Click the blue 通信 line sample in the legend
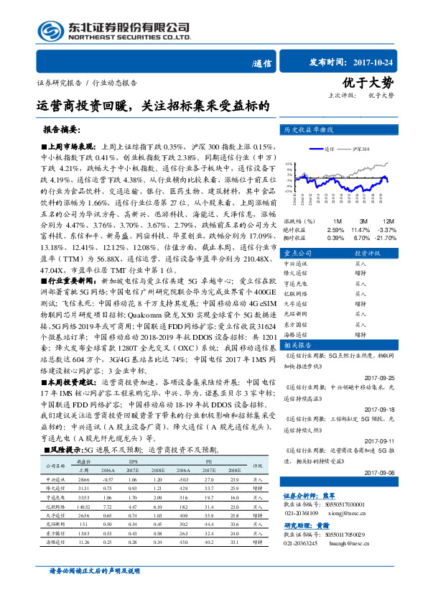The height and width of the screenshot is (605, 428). (x=317, y=149)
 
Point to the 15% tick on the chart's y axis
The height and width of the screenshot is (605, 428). (x=288, y=164)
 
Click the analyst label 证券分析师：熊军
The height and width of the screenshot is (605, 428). (x=309, y=496)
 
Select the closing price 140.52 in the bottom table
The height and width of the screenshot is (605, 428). (x=85, y=507)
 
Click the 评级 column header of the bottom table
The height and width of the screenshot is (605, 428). (x=256, y=465)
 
